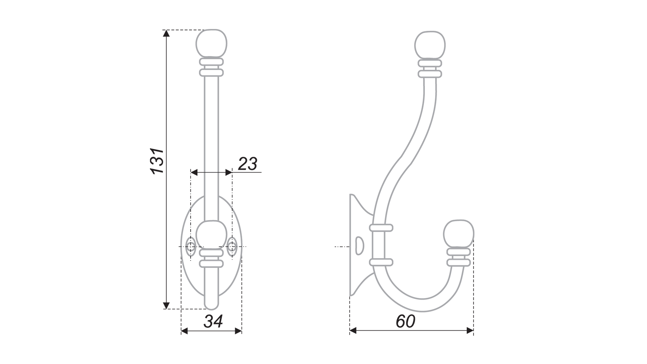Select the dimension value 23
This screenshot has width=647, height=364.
(x=248, y=164)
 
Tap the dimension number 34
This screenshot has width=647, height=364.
(x=213, y=322)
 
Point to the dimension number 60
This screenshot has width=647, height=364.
(x=405, y=322)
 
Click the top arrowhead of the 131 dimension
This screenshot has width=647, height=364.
(x=166, y=33)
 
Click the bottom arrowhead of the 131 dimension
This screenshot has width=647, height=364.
(x=166, y=305)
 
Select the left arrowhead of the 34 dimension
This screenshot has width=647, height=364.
(x=184, y=331)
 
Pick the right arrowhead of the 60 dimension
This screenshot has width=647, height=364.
(x=470, y=331)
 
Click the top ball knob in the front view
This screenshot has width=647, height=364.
(x=211, y=43)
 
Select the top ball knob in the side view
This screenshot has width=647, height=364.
(x=430, y=45)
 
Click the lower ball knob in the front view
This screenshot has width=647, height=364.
(x=211, y=235)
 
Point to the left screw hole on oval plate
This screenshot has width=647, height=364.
(x=191, y=247)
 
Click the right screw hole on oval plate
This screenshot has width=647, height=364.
(x=232, y=247)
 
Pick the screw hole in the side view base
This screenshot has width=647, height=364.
(x=359, y=246)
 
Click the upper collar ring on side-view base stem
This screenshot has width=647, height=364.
(x=381, y=228)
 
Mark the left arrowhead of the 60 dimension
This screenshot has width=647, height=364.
(x=353, y=331)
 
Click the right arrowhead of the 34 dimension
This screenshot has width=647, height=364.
(x=238, y=331)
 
